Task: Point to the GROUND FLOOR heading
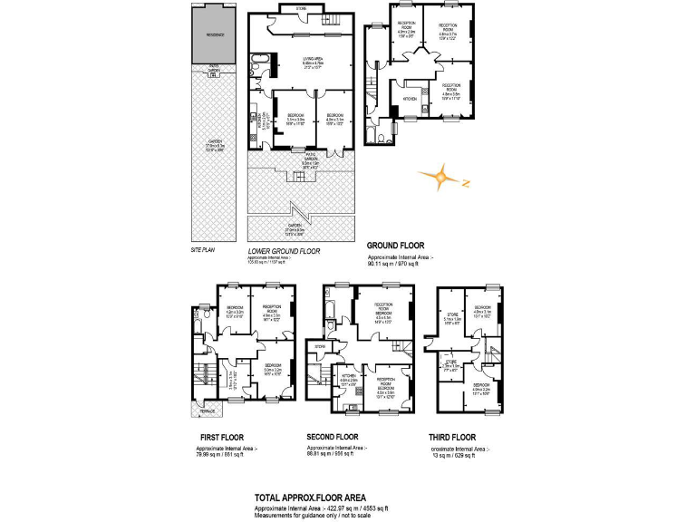pyautogui.click(x=396, y=246)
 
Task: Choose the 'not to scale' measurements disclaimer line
pyautogui.click(x=306, y=516)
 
